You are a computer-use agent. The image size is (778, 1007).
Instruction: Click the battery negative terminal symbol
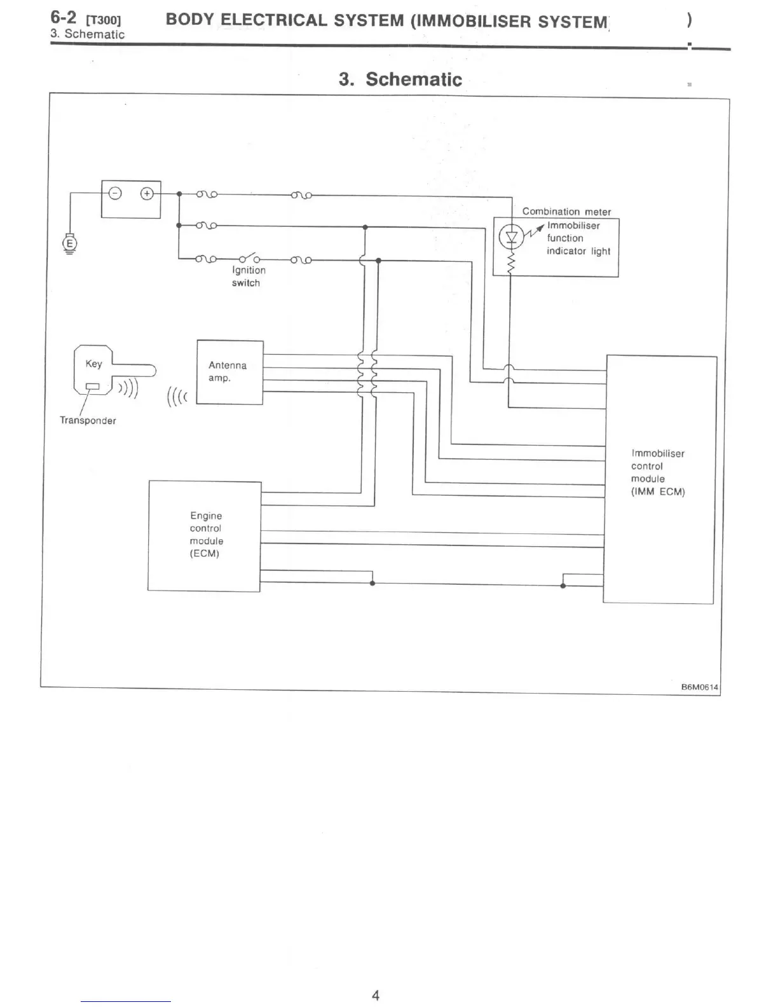[x=115, y=193]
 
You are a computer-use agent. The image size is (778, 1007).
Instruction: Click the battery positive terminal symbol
[x=147, y=193]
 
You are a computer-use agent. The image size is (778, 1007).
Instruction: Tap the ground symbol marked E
[x=70, y=243]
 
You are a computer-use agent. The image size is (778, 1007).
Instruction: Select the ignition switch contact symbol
[x=249, y=258]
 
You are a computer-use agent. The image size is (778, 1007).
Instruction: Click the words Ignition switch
[x=248, y=277]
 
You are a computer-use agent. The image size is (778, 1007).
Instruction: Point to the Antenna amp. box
[x=229, y=372]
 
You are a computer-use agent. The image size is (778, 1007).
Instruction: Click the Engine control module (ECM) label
[x=206, y=535]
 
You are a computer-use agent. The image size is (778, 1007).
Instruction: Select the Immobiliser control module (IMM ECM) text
[x=657, y=472]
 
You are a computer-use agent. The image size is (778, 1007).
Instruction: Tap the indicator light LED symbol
[x=511, y=238]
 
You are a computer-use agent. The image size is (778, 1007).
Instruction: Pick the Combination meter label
[x=566, y=212]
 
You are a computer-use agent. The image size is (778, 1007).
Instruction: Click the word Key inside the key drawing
[x=93, y=364]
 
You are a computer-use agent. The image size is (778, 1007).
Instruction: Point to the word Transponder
[x=88, y=421]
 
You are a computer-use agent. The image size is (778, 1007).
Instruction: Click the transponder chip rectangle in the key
[x=93, y=386]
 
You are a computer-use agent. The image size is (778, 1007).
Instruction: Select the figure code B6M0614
[x=699, y=687]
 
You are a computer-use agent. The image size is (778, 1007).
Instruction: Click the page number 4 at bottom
[x=376, y=996]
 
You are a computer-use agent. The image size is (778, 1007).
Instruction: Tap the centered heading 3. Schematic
[x=400, y=79]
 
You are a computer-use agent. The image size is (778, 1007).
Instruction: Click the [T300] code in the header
[x=103, y=20]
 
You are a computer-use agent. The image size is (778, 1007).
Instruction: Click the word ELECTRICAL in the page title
[x=274, y=20]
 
